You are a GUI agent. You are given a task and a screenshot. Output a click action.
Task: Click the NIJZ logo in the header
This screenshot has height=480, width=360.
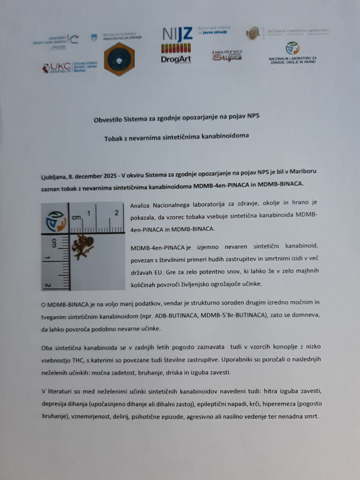coord(177,34)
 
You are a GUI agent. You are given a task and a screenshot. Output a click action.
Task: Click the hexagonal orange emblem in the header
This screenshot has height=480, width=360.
coord(119,60)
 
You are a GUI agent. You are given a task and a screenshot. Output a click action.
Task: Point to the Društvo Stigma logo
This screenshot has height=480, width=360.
coord(227,56)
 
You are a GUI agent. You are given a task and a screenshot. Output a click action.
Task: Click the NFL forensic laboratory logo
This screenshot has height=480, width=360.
coord(254,33)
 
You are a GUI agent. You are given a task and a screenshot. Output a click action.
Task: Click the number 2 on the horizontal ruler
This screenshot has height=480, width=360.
coord(117,213)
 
